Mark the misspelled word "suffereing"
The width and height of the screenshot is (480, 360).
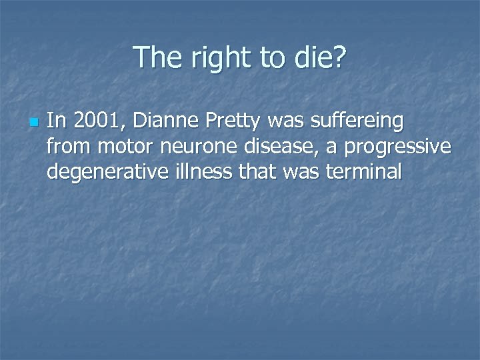pyautogui.click(x=357, y=121)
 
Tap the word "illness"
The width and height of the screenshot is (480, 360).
pyautogui.click(x=201, y=172)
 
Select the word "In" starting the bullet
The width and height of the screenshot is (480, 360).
pyautogui.click(x=56, y=121)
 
